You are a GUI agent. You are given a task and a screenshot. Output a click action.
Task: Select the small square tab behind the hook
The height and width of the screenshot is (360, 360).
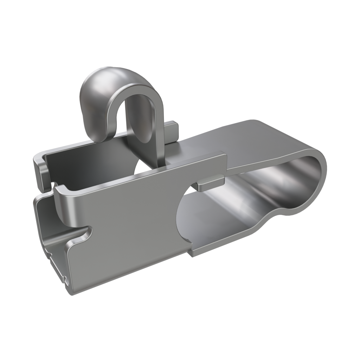pyautogui.click(x=172, y=131)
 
